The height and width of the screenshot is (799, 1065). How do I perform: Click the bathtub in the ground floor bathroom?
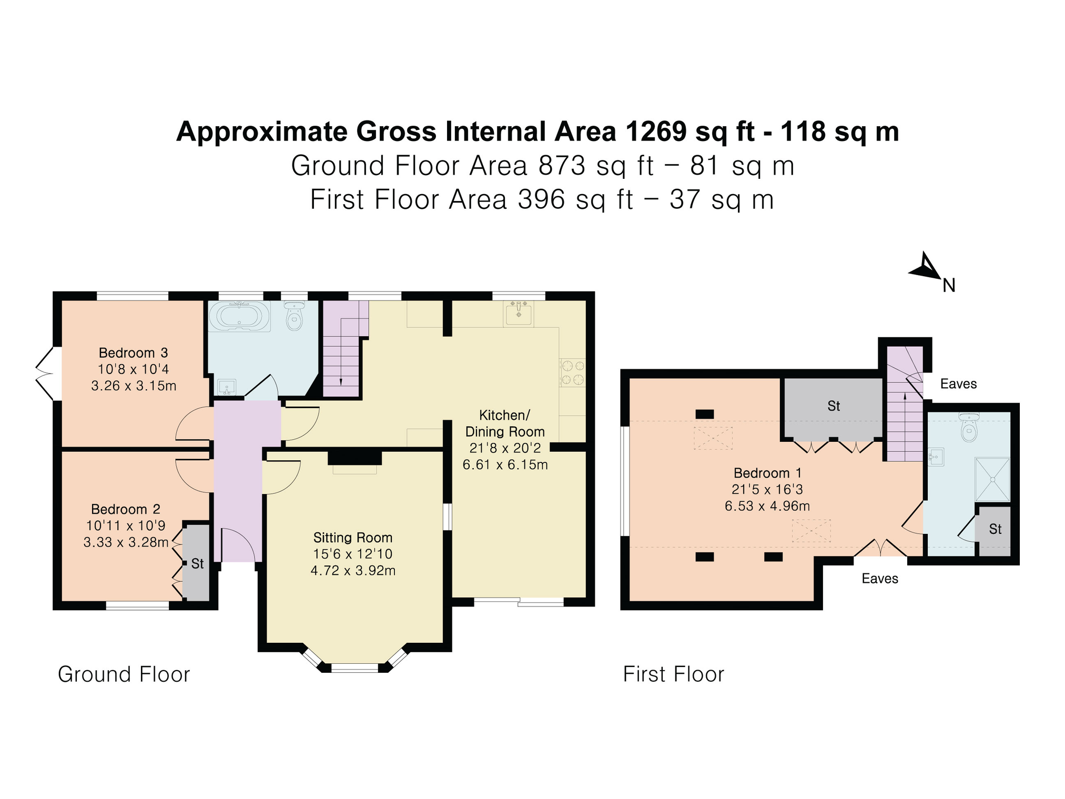pyautogui.click(x=239, y=316)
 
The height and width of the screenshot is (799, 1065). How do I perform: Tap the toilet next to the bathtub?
pyautogui.click(x=295, y=316)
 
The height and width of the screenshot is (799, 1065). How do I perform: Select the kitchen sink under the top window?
pyautogui.click(x=519, y=313)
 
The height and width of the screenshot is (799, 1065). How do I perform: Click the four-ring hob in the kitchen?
pyautogui.click(x=572, y=372)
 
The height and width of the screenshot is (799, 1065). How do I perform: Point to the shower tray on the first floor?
pyautogui.click(x=992, y=479)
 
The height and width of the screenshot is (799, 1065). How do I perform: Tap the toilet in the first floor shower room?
pyautogui.click(x=968, y=427)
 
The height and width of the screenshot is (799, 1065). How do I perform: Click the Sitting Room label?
pyautogui.click(x=353, y=538)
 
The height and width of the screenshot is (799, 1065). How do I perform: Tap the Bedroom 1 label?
pyautogui.click(x=767, y=473)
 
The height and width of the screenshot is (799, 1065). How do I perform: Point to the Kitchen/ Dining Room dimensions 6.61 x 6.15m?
pyautogui.click(x=505, y=465)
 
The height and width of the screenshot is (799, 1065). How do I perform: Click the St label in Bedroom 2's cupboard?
pyautogui.click(x=197, y=564)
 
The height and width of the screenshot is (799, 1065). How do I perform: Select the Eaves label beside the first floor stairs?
pyautogui.click(x=958, y=384)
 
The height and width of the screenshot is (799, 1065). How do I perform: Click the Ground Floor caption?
pyautogui.click(x=124, y=674)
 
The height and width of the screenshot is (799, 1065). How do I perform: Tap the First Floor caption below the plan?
pyautogui.click(x=673, y=674)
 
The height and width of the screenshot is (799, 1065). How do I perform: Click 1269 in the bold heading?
pyautogui.click(x=655, y=132)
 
